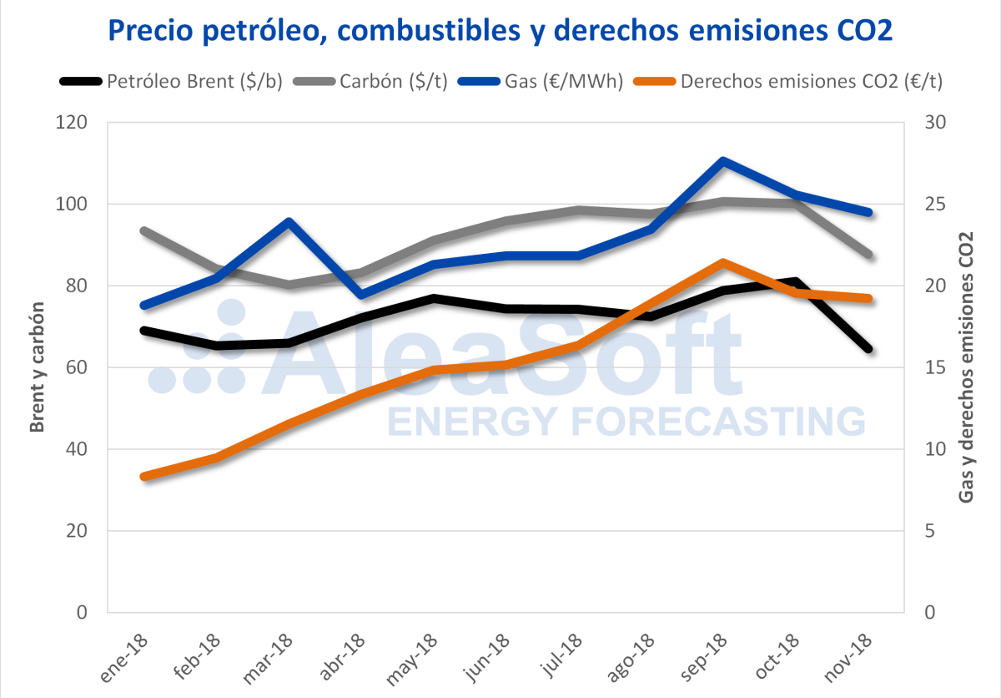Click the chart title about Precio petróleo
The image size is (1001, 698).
500,32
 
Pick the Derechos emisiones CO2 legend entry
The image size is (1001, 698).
792,81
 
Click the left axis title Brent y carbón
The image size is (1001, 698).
38,367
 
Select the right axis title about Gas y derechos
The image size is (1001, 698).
966,367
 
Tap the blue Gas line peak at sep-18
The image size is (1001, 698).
722,161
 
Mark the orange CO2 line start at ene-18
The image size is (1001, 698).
144,477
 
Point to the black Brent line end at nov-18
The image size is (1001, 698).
868,348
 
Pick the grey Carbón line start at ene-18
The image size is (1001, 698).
144,231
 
